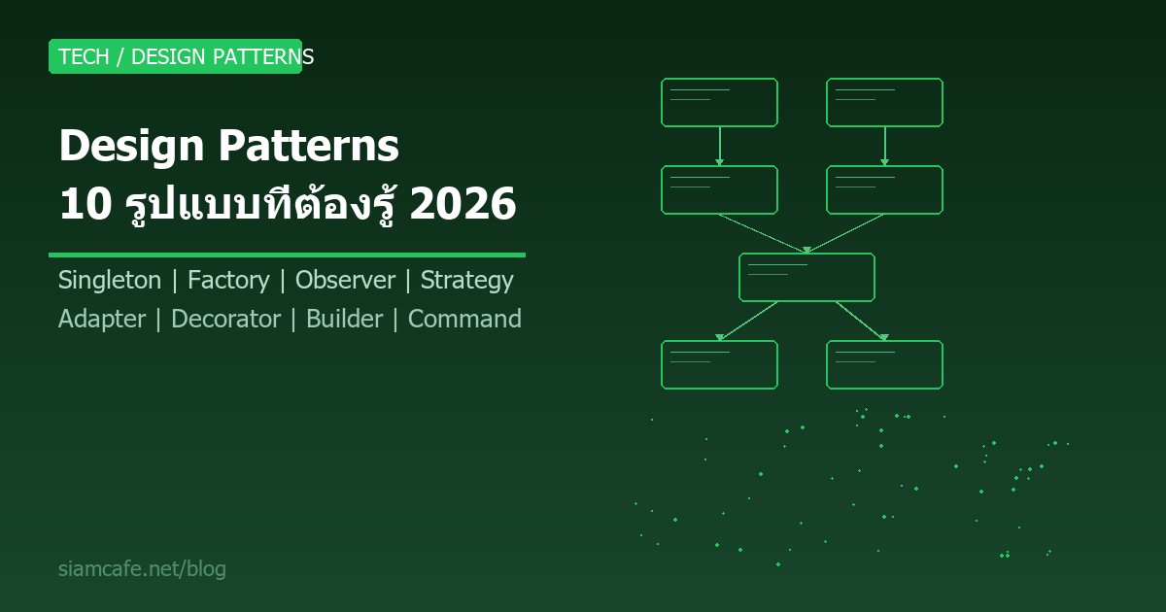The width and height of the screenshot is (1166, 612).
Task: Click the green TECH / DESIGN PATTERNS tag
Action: [176, 56]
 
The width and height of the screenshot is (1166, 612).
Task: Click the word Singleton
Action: [110, 281]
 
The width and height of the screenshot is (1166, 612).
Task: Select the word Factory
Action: [228, 281]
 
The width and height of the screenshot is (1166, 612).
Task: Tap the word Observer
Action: [345, 281]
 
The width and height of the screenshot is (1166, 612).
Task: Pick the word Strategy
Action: [466, 281]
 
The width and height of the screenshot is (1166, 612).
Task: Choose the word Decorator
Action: [225, 320]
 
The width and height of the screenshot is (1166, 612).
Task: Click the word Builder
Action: [344, 320]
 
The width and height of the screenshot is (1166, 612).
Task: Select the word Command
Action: [464, 320]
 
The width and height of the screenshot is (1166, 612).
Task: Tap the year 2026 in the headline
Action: [463, 205]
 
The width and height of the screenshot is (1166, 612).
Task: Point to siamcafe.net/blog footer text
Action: [142, 569]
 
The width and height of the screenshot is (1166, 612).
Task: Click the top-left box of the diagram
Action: [719, 102]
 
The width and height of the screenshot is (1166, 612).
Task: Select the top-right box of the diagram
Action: [884, 102]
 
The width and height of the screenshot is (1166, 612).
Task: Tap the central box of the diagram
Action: [806, 277]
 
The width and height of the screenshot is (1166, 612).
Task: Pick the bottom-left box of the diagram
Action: [719, 364]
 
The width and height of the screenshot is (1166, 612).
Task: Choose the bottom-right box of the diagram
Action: [884, 364]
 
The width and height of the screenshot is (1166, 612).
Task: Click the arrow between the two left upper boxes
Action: [719, 147]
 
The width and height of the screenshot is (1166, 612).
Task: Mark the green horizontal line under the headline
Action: [287, 255]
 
